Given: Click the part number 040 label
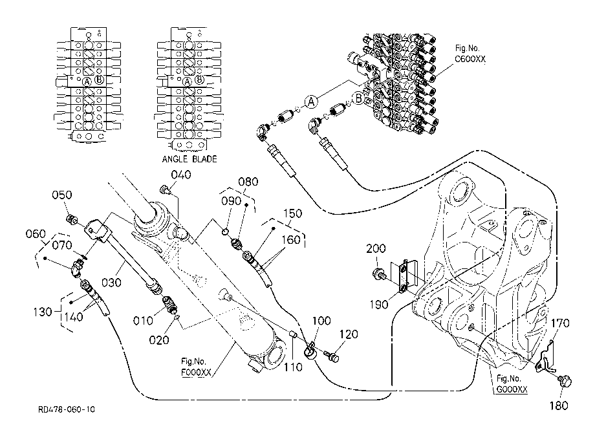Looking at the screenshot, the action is point(181,175).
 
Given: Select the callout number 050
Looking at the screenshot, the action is point(62,195).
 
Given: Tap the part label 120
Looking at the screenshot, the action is point(349,334).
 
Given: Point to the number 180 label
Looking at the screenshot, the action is point(559,406).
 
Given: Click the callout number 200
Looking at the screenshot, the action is point(376,249).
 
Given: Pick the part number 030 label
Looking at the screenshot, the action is point(111,283).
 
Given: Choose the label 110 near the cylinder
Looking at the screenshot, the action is point(294,367).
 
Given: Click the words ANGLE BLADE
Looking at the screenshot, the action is point(189,159).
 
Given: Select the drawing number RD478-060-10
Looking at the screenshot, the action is point(67,409).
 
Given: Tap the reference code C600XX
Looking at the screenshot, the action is point(470,59).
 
